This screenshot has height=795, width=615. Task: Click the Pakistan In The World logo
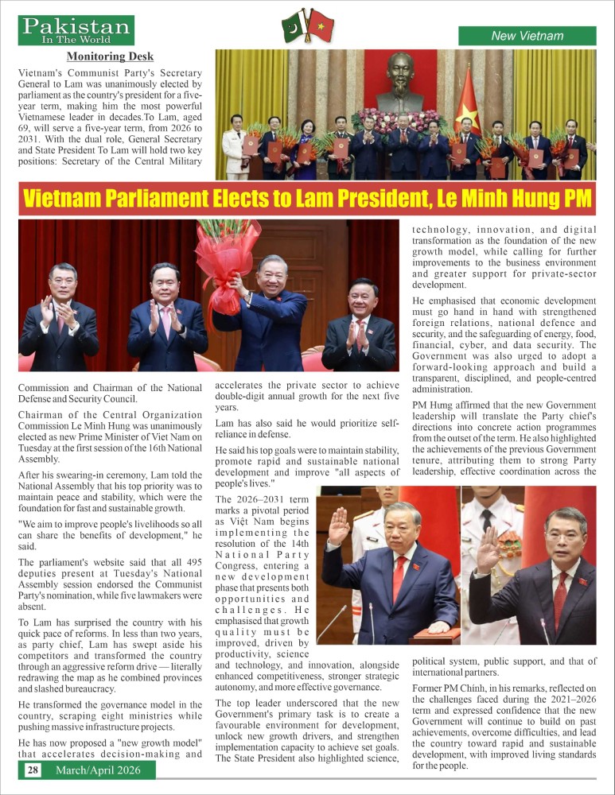76,30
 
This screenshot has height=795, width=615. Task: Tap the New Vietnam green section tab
527,36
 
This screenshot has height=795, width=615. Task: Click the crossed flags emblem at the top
307,28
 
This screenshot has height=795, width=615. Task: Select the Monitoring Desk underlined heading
110,56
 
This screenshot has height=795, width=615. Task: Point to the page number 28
33,770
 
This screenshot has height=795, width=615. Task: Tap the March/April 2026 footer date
99,770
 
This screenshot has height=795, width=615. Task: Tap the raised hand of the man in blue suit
340,525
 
